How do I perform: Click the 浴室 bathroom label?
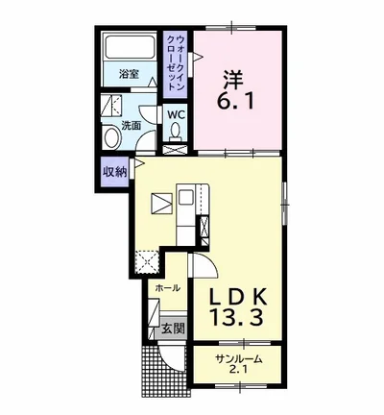(129, 74)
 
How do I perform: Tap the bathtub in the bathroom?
(130, 46)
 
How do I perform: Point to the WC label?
(176, 115)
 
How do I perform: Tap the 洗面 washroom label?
(131, 126)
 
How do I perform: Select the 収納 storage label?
(114, 172)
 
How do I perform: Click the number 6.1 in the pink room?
(236, 101)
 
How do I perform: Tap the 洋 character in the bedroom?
(233, 79)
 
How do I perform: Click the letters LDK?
(238, 298)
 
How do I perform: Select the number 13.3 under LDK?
(237, 318)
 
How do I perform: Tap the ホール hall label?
(168, 288)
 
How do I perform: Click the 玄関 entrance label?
(173, 329)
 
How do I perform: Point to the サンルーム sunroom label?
(239, 359)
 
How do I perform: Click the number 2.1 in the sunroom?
(237, 371)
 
